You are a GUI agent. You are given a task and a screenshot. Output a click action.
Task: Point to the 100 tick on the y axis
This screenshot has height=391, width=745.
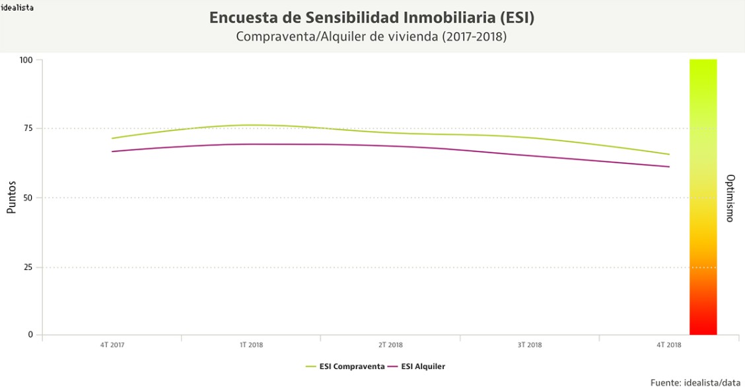click(x=26, y=60)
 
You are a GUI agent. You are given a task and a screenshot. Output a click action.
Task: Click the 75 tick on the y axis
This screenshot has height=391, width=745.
click(x=28, y=129)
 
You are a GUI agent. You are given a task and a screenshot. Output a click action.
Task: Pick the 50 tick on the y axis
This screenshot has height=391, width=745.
click(x=28, y=198)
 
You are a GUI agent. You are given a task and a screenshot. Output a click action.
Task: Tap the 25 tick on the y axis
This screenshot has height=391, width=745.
click(x=28, y=267)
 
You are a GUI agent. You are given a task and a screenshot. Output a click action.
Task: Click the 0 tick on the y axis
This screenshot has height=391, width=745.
click(x=30, y=335)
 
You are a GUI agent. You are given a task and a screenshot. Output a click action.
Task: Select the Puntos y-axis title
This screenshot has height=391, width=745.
click(x=11, y=198)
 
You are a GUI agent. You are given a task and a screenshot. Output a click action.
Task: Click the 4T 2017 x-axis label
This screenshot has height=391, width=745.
click(x=112, y=345)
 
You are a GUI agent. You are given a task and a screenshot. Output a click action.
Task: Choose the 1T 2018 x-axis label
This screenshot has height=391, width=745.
click(x=251, y=345)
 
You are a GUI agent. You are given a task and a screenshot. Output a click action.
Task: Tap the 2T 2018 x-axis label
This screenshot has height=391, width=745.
click(x=390, y=345)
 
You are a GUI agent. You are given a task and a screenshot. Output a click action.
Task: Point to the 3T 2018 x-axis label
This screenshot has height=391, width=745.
click(x=530, y=345)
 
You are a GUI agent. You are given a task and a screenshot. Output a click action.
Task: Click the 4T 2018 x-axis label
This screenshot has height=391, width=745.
click(x=669, y=345)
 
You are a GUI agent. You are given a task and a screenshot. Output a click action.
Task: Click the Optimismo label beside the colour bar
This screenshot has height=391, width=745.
click(x=730, y=198)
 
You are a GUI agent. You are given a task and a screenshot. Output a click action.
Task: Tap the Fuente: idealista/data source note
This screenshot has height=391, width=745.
click(x=695, y=382)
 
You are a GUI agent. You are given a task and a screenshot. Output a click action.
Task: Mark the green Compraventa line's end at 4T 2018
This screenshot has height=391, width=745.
click(x=669, y=154)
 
